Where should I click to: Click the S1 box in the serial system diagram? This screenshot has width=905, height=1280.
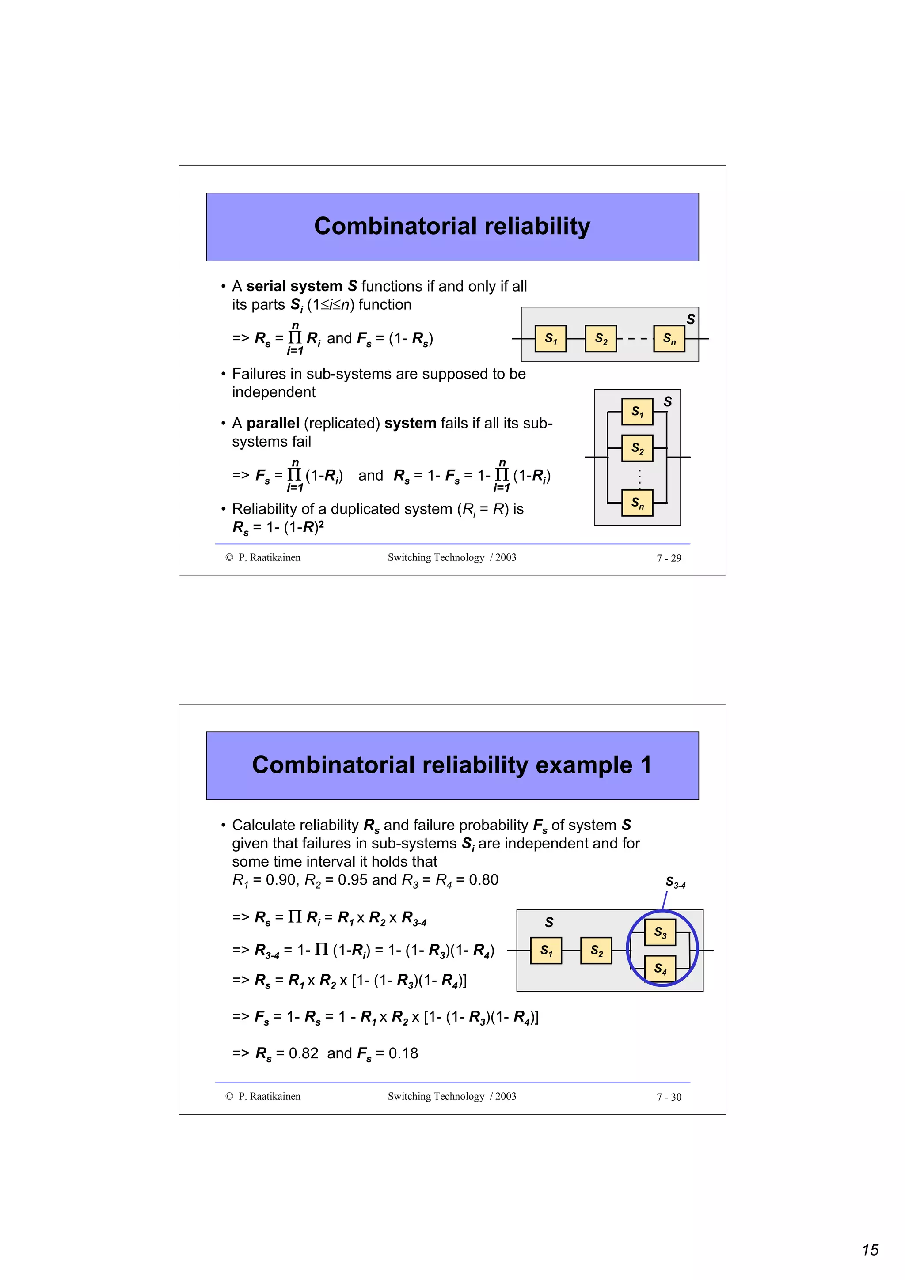point(550,339)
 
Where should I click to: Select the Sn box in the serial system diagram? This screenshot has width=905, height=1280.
point(669,339)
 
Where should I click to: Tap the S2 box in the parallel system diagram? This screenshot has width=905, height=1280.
point(637,448)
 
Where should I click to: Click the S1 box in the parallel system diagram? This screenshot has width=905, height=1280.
point(637,412)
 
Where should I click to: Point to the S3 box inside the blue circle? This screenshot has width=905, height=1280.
point(660,932)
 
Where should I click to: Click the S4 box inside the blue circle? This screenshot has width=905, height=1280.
point(660,968)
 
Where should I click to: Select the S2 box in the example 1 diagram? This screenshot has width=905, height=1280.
point(596,951)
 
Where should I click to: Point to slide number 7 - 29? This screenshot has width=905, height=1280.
point(669,558)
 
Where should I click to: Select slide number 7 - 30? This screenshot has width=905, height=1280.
point(669,1097)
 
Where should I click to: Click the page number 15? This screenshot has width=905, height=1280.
point(870,1250)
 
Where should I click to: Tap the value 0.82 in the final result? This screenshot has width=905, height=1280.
point(303,1053)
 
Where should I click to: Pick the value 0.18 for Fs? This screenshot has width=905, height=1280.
point(403,1053)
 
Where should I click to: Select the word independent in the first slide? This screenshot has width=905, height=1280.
point(273,392)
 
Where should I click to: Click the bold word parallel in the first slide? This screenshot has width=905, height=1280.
point(273,423)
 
